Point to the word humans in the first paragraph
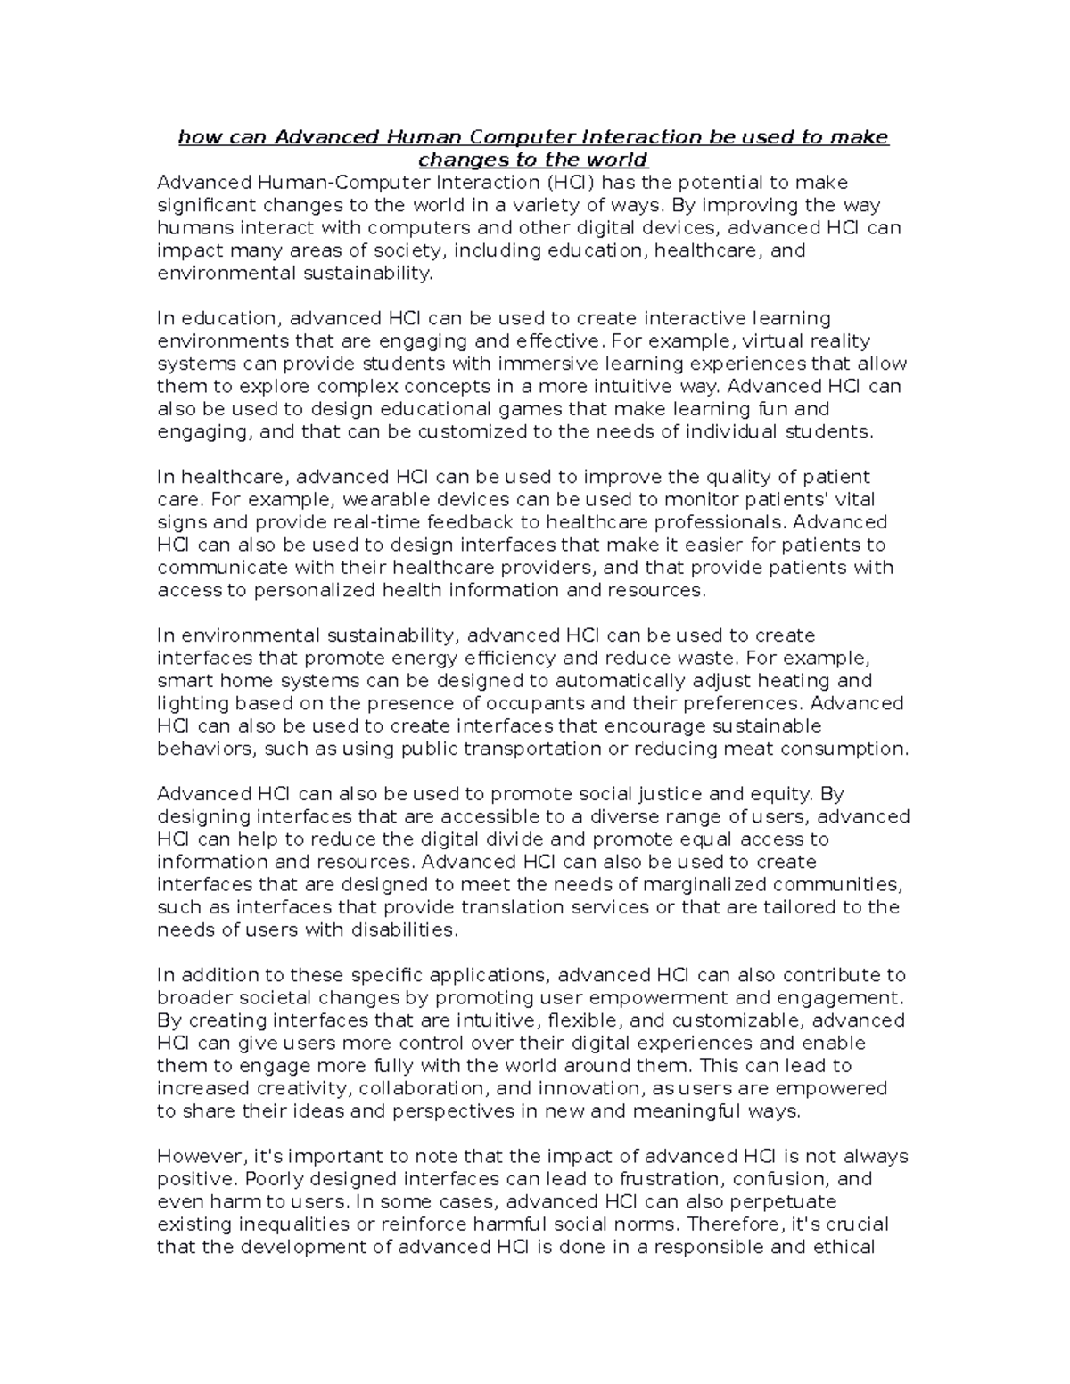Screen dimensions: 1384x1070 tap(190, 228)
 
